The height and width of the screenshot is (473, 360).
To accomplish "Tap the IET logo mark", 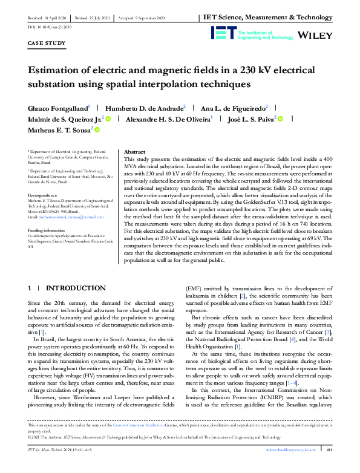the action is coord(221,33).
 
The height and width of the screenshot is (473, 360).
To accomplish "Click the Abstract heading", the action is coord(134,152).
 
